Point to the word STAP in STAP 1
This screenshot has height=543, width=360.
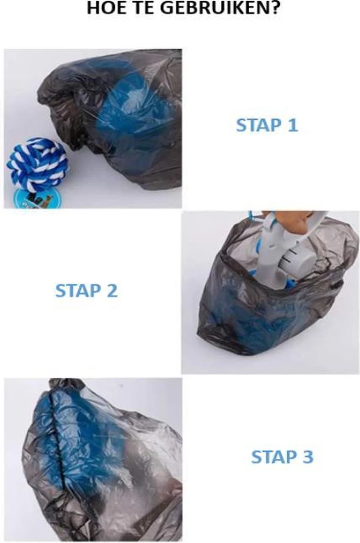[x=257, y=125]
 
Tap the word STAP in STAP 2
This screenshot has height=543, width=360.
[x=77, y=291]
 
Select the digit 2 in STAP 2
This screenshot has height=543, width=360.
[x=112, y=291]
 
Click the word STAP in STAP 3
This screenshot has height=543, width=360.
[x=272, y=457]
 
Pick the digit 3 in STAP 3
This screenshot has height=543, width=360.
[x=307, y=457]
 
